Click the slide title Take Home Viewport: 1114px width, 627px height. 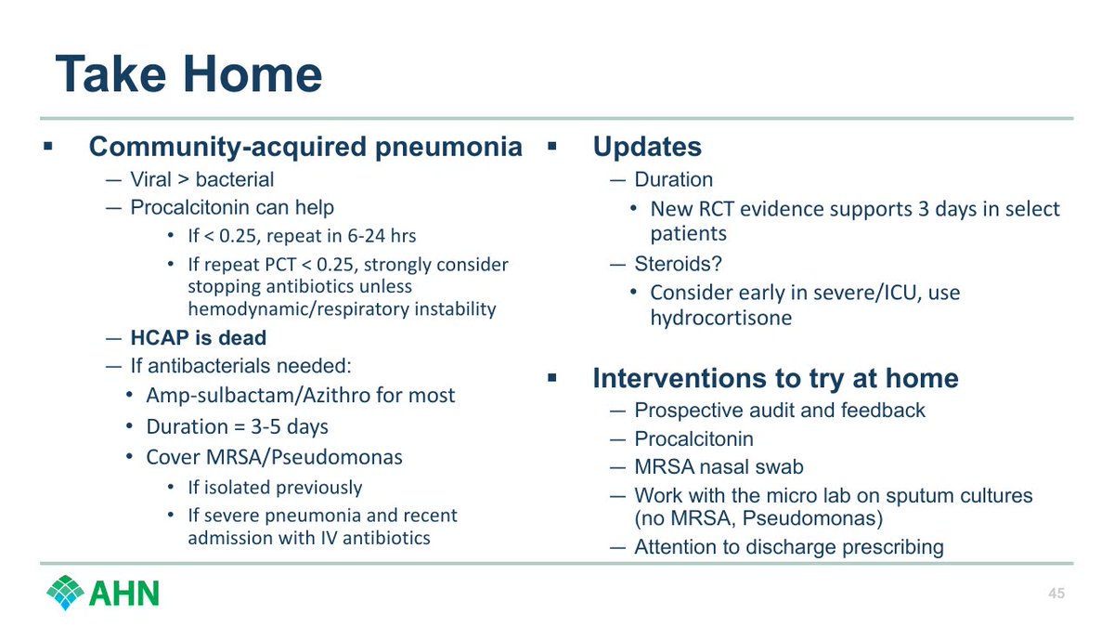click(189, 74)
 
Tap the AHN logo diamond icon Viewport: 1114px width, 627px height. click(65, 593)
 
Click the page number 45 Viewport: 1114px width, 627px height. click(1056, 594)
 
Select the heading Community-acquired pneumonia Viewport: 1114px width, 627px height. click(305, 147)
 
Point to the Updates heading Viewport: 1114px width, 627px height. click(647, 147)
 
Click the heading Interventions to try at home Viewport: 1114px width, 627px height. click(775, 378)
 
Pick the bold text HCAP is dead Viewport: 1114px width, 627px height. click(198, 338)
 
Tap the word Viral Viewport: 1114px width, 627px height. click(150, 179)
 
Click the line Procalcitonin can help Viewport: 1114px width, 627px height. click(232, 208)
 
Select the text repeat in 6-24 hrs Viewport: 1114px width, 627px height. click(342, 236)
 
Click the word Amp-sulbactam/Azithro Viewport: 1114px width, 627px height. click(259, 396)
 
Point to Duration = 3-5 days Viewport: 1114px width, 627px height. click(238, 427)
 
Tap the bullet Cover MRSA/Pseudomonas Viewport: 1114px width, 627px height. click(274, 457)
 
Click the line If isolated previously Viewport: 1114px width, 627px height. click(275, 488)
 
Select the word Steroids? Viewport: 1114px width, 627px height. click(678, 264)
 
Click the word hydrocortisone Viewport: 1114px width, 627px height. click(721, 318)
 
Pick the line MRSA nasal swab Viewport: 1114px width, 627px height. click(719, 466)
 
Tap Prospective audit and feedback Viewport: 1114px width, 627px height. click(780, 411)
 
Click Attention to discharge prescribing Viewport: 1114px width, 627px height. click(789, 547)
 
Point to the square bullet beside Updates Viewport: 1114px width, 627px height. click(552, 147)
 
